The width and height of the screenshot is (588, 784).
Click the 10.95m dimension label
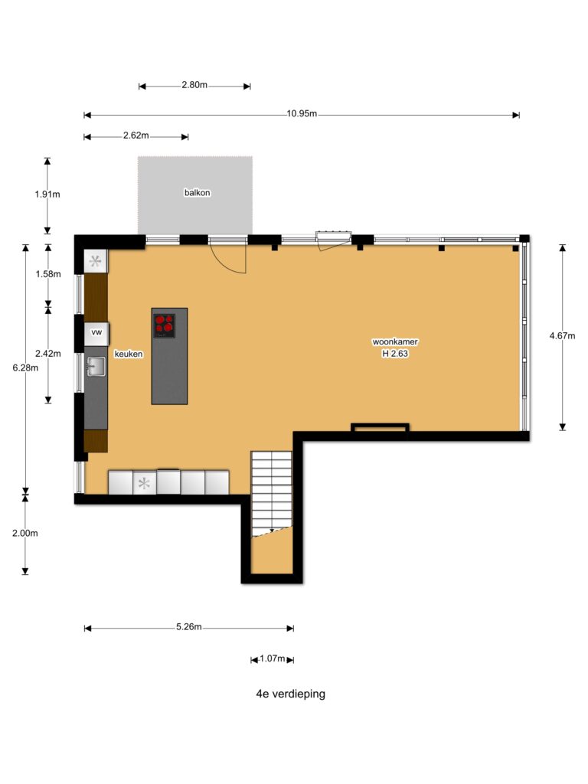click(302, 113)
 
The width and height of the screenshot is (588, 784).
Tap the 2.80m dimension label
click(194, 85)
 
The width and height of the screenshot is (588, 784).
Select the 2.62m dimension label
click(136, 136)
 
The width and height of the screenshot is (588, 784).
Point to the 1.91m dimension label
click(47, 194)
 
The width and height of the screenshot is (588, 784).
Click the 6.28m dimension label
click(25, 368)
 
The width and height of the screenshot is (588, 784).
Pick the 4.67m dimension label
click(563, 336)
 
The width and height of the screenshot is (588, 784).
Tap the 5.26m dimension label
click(189, 627)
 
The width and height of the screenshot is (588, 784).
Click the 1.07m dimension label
click(272, 658)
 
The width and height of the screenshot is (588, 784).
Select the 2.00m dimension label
click(25, 534)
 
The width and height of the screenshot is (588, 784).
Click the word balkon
click(197, 192)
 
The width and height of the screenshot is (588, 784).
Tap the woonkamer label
click(395, 342)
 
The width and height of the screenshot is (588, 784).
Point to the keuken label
click(129, 354)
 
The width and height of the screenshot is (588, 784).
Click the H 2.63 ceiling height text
click(395, 354)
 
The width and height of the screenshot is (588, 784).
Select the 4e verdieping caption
click(290, 694)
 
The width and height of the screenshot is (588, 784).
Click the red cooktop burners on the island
click(165, 325)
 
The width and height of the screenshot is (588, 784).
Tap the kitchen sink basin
click(96, 367)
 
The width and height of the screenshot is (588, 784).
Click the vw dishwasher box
click(96, 333)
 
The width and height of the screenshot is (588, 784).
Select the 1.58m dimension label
click(48, 274)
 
